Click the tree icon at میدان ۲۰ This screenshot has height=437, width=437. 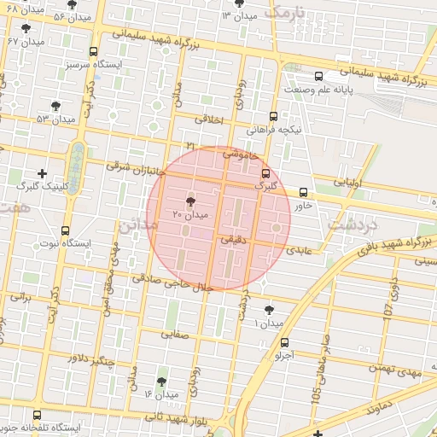click(x=189, y=199)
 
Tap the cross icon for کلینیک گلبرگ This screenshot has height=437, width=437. click(x=42, y=173)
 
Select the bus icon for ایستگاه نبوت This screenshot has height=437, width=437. click(x=66, y=230)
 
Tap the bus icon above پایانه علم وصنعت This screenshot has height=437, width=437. click(x=318, y=76)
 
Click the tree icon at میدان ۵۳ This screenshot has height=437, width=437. click(x=56, y=107)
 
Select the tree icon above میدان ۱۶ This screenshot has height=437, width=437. click(x=161, y=382)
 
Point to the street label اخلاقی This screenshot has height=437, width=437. click(x=208, y=120)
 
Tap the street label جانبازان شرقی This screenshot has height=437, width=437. click(x=134, y=167)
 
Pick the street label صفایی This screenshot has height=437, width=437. click(x=173, y=335)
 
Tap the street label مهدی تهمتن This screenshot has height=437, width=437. click(x=392, y=369)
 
